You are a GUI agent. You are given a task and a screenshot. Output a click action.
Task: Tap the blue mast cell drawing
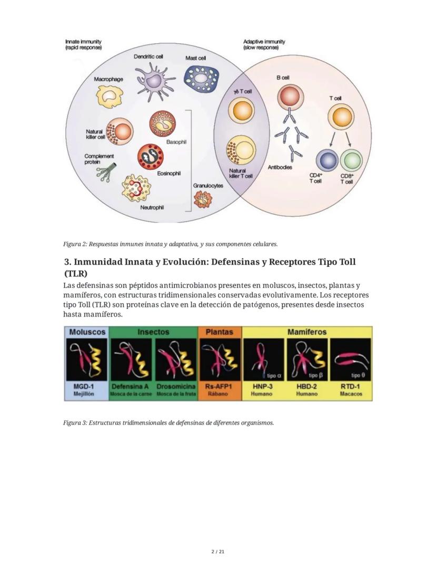(201, 79)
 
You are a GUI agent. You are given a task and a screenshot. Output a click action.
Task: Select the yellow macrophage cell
(110, 96)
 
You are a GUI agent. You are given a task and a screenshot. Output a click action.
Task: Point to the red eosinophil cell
(150, 156)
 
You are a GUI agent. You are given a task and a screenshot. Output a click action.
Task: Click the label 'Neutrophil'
(152, 207)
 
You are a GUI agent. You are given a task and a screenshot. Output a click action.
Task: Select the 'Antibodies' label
(280, 167)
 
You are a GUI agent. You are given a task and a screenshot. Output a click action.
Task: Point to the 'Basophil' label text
(176, 142)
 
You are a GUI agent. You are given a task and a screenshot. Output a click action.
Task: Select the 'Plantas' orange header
(220, 332)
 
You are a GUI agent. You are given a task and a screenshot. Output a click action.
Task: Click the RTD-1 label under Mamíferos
(350, 386)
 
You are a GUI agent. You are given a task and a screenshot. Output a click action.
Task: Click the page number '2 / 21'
(217, 552)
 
